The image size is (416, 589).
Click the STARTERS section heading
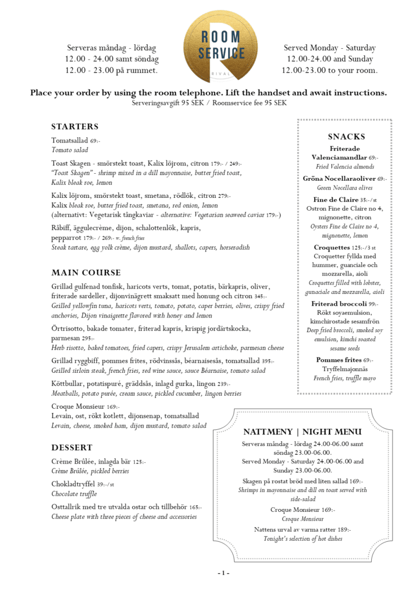point(75,127)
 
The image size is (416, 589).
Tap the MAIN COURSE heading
point(86,273)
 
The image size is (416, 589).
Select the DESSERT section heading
point(72,448)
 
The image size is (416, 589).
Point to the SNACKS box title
point(347,137)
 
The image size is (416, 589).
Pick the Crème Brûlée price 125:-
point(139,462)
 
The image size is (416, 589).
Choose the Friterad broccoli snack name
point(338,304)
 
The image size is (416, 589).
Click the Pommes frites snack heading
point(338,360)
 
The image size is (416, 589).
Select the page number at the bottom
point(223,573)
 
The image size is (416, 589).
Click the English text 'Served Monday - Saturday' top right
point(330,48)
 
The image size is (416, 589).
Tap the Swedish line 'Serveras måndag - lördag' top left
point(112,48)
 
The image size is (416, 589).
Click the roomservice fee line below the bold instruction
point(209,103)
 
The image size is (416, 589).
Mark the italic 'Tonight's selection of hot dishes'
point(302,539)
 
